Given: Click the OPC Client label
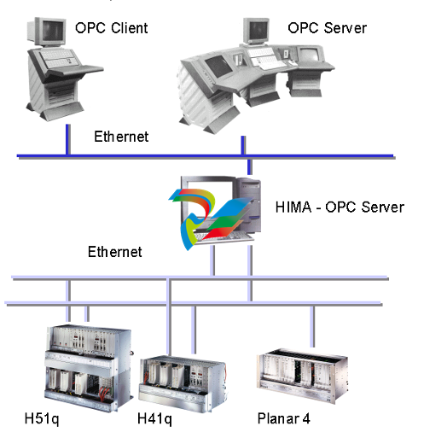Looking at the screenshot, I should point(111,28).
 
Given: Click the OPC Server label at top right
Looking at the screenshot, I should point(327,28).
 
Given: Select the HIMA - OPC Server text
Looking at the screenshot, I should point(340,207).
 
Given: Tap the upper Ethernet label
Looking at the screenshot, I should point(121,136).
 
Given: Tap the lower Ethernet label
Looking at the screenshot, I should point(115,252).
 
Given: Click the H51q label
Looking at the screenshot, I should point(40,418).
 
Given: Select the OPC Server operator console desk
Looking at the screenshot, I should point(252,85).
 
